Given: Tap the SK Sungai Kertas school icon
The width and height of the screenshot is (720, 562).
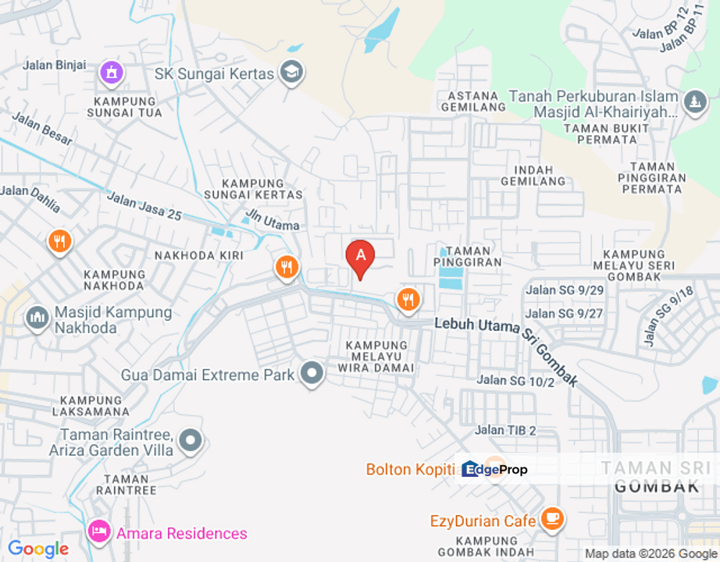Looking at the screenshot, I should [x=292, y=73].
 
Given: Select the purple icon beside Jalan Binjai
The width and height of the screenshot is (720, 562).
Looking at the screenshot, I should [x=112, y=73].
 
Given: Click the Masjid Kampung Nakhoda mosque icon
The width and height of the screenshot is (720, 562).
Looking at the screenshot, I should [x=37, y=318].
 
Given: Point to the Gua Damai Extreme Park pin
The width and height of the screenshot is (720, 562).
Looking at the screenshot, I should [x=312, y=374].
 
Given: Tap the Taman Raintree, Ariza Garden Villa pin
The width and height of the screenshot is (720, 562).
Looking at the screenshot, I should [x=191, y=441].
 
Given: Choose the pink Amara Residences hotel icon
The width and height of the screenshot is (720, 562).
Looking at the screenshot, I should [x=99, y=533].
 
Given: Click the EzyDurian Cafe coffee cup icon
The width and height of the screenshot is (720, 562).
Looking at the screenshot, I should [x=553, y=518].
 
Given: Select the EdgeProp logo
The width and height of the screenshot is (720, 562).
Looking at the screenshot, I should [x=494, y=469].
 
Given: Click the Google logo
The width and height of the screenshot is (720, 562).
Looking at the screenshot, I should [x=37, y=550].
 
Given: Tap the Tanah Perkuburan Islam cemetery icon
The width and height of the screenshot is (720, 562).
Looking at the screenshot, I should [x=693, y=102].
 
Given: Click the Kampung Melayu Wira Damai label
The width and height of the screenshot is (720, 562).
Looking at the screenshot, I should [x=377, y=356].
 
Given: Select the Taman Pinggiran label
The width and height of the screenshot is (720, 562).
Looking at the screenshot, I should [x=467, y=257].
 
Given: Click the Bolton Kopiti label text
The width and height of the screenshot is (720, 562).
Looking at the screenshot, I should [x=411, y=470].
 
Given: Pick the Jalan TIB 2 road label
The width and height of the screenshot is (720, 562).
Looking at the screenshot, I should [x=506, y=430].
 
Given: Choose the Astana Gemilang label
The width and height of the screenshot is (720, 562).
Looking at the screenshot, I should [x=469, y=101].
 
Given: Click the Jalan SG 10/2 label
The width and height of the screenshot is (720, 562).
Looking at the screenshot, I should [x=515, y=381].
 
